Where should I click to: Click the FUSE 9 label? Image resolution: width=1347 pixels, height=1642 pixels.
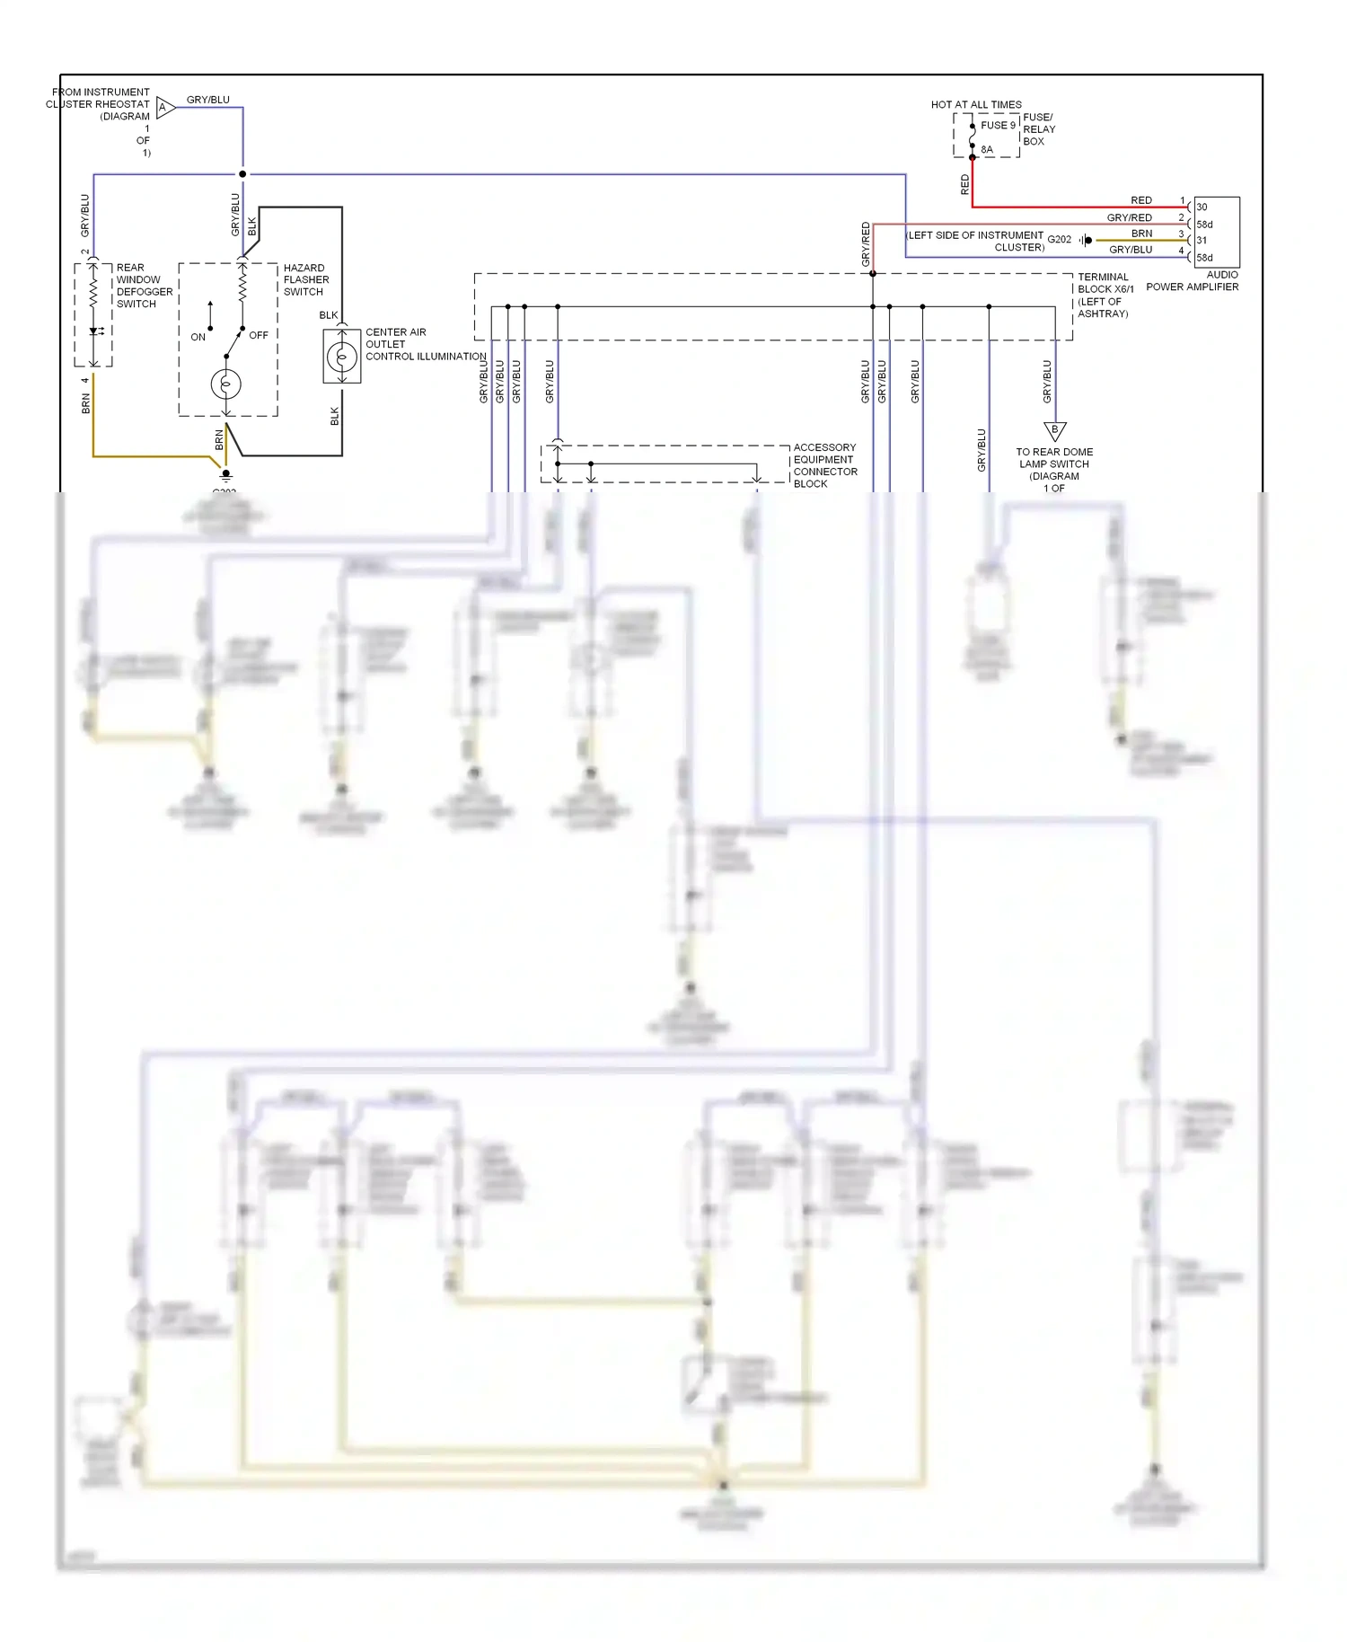tap(998, 125)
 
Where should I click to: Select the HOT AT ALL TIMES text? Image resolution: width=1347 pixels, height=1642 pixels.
tap(975, 104)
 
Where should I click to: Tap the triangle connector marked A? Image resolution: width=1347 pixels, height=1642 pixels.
tap(164, 108)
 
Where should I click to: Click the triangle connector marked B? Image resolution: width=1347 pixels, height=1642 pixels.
tap(1054, 430)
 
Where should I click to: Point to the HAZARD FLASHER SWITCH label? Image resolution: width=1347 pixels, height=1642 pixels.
tap(305, 279)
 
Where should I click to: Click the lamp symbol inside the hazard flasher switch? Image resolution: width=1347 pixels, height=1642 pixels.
tap(225, 384)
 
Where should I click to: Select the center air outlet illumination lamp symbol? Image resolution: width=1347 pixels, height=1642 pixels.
tap(341, 357)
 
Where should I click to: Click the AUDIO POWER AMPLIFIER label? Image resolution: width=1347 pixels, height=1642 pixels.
tap(1193, 281)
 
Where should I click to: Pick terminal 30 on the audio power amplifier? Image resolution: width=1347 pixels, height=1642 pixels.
tap(1202, 207)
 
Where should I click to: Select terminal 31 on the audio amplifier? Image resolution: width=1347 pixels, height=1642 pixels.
tap(1202, 241)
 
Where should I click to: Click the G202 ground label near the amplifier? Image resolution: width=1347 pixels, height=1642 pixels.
tap(1059, 240)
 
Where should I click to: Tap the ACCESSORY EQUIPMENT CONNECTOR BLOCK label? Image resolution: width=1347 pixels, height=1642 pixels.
tap(824, 465)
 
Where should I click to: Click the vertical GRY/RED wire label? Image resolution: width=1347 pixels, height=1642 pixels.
tap(866, 244)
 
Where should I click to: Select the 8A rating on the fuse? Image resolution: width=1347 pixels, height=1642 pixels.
tap(987, 150)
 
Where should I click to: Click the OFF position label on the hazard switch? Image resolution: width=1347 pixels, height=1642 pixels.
tap(259, 335)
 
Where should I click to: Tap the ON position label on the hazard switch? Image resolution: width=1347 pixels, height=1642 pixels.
tap(198, 337)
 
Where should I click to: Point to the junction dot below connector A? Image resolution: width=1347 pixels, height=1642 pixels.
tap(242, 174)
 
